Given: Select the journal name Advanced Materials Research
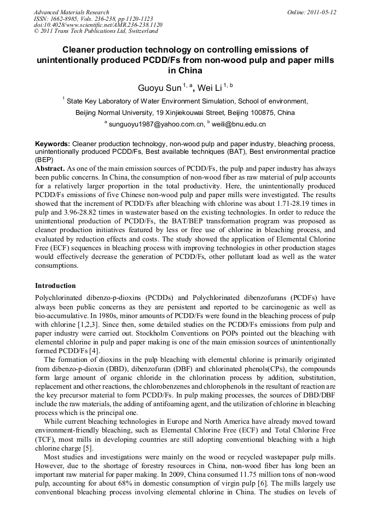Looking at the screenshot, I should pyautogui.click(x=71, y=12).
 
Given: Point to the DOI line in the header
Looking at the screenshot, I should pyautogui.click(x=98, y=25).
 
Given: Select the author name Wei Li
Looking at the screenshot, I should pyautogui.click(x=206, y=88).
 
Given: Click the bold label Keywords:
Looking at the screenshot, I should pyautogui.click(x=53, y=143).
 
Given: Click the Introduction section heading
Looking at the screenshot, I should pyautogui.click(x=55, y=286).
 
